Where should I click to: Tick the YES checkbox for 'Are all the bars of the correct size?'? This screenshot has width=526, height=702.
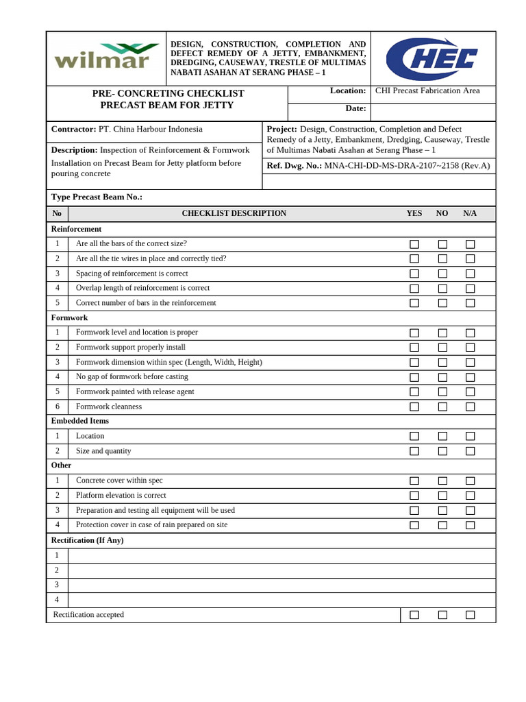click(414, 244)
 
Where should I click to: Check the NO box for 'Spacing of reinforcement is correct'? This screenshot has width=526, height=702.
click(442, 274)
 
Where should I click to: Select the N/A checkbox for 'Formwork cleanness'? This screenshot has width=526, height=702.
click(470, 407)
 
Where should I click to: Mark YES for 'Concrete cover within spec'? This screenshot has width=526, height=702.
click(414, 481)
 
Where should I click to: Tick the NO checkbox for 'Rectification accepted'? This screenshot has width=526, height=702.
click(442, 615)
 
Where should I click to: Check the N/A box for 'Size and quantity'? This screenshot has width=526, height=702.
click(470, 451)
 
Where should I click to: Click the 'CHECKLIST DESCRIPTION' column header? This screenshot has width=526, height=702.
click(234, 214)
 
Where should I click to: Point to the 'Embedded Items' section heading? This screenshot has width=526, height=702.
click(80, 421)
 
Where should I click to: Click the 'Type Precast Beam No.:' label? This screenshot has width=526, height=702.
click(97, 197)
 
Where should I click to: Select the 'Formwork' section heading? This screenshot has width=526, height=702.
click(69, 318)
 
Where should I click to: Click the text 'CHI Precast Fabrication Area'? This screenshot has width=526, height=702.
click(427, 90)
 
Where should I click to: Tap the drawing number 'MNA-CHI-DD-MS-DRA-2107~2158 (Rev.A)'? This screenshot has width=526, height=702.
click(407, 166)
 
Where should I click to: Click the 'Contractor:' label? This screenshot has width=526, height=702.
click(73, 129)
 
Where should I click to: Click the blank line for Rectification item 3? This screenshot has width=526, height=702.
click(281, 585)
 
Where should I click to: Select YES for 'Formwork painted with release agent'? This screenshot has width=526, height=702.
click(414, 392)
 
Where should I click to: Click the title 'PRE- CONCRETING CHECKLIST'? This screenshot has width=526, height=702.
click(168, 93)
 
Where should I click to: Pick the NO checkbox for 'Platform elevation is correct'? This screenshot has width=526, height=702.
click(442, 496)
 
